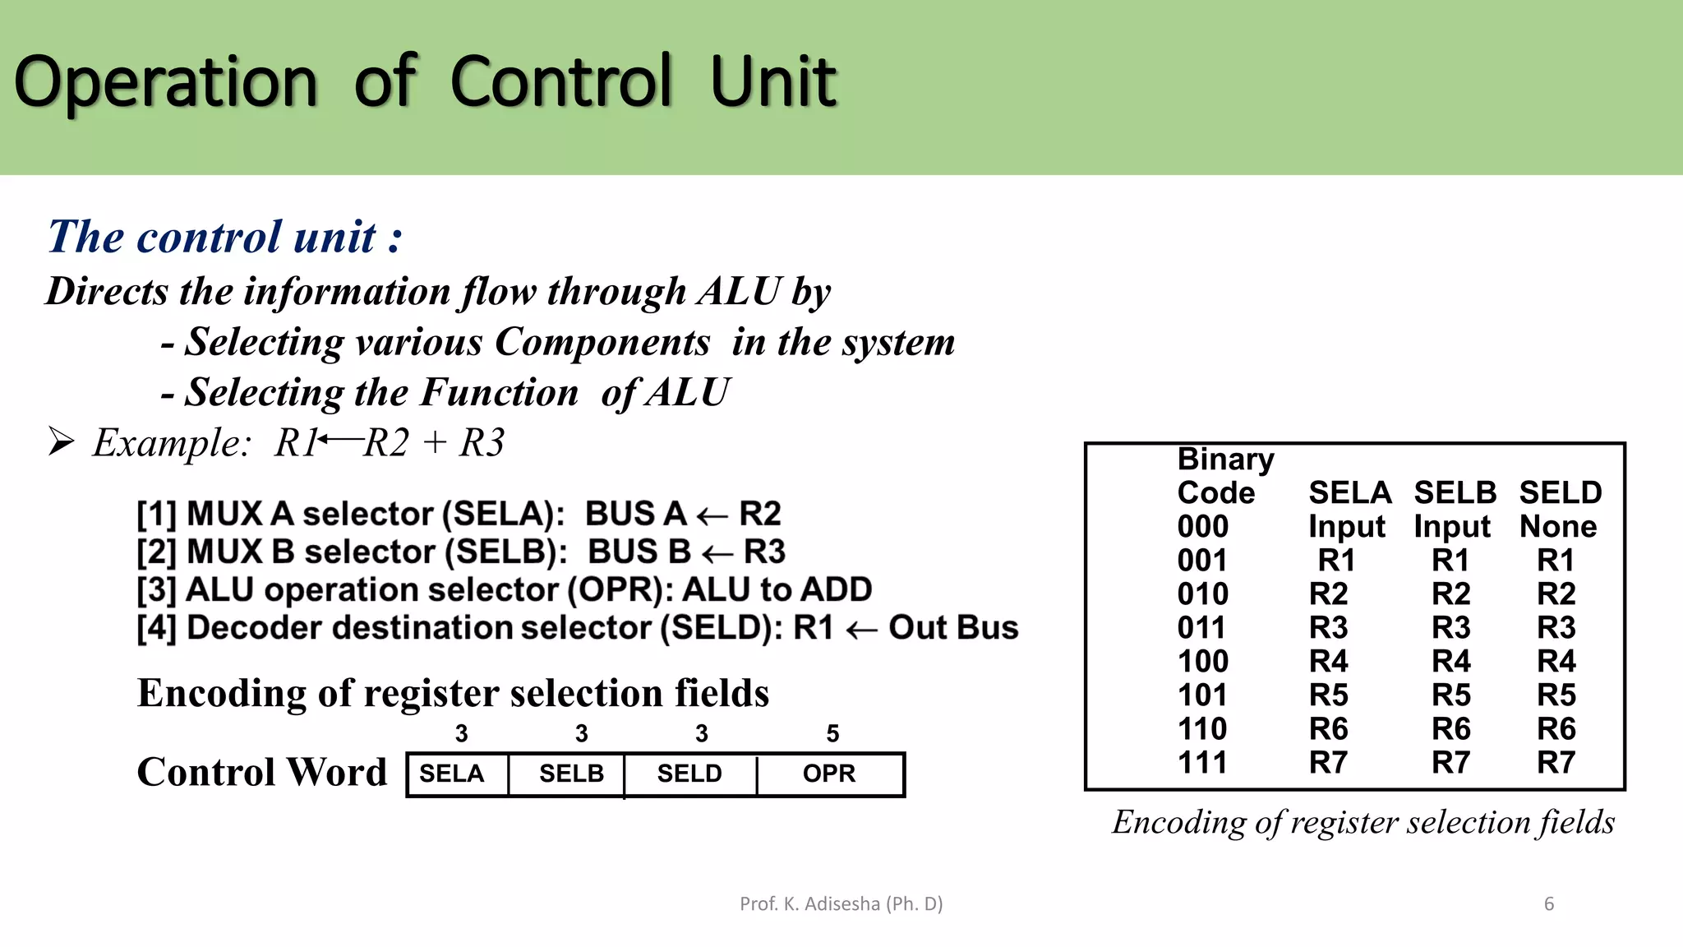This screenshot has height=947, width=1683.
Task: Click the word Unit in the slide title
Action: [772, 82]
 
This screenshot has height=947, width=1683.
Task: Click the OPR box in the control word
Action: [829, 774]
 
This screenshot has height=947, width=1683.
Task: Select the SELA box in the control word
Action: [453, 774]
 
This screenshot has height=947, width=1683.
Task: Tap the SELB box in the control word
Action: [571, 774]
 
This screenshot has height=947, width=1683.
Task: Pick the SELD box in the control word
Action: [689, 774]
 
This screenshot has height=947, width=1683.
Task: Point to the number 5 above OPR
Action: [832, 733]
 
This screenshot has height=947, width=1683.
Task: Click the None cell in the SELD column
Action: [1558, 527]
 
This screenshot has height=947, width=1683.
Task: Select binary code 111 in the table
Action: [1202, 763]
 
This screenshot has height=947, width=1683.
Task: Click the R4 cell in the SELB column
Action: [1451, 662]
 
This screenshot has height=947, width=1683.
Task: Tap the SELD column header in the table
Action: [1560, 493]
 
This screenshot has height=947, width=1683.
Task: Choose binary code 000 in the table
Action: [1202, 527]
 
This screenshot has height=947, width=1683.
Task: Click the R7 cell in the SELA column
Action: [1329, 763]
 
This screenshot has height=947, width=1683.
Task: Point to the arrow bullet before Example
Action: [61, 442]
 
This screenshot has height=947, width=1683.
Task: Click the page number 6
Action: [1549, 904]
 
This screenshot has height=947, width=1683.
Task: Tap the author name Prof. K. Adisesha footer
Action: [841, 904]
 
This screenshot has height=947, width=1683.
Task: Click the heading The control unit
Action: [225, 238]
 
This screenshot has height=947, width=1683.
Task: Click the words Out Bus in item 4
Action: [953, 628]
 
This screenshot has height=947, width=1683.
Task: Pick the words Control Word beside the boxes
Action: [261, 773]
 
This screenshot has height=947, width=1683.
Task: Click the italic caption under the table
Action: [1363, 823]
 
